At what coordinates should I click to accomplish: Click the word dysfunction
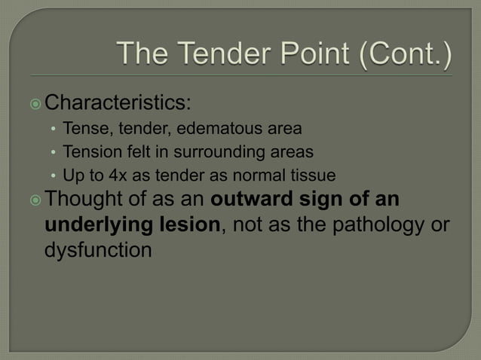point(99,249)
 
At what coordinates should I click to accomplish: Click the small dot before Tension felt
point(54,152)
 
